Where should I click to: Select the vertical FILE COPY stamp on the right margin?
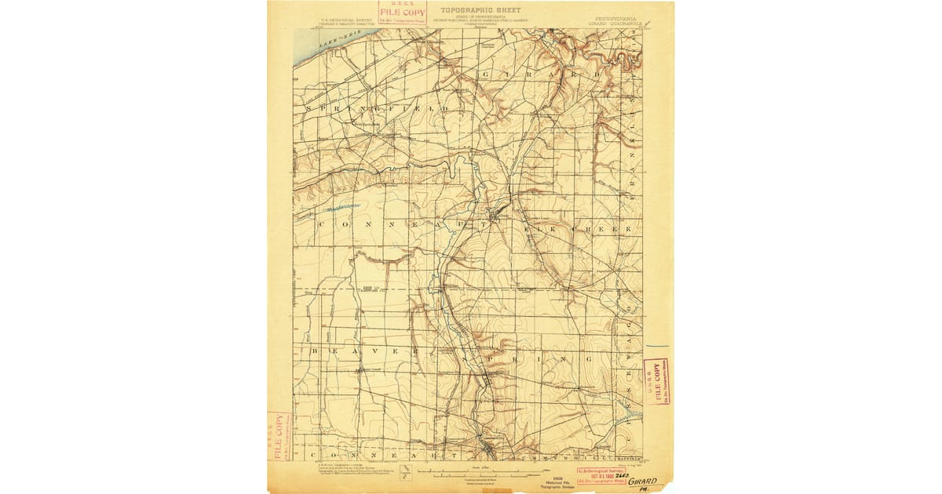tap(657, 382)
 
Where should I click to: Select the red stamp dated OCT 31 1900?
tap(602, 475)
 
